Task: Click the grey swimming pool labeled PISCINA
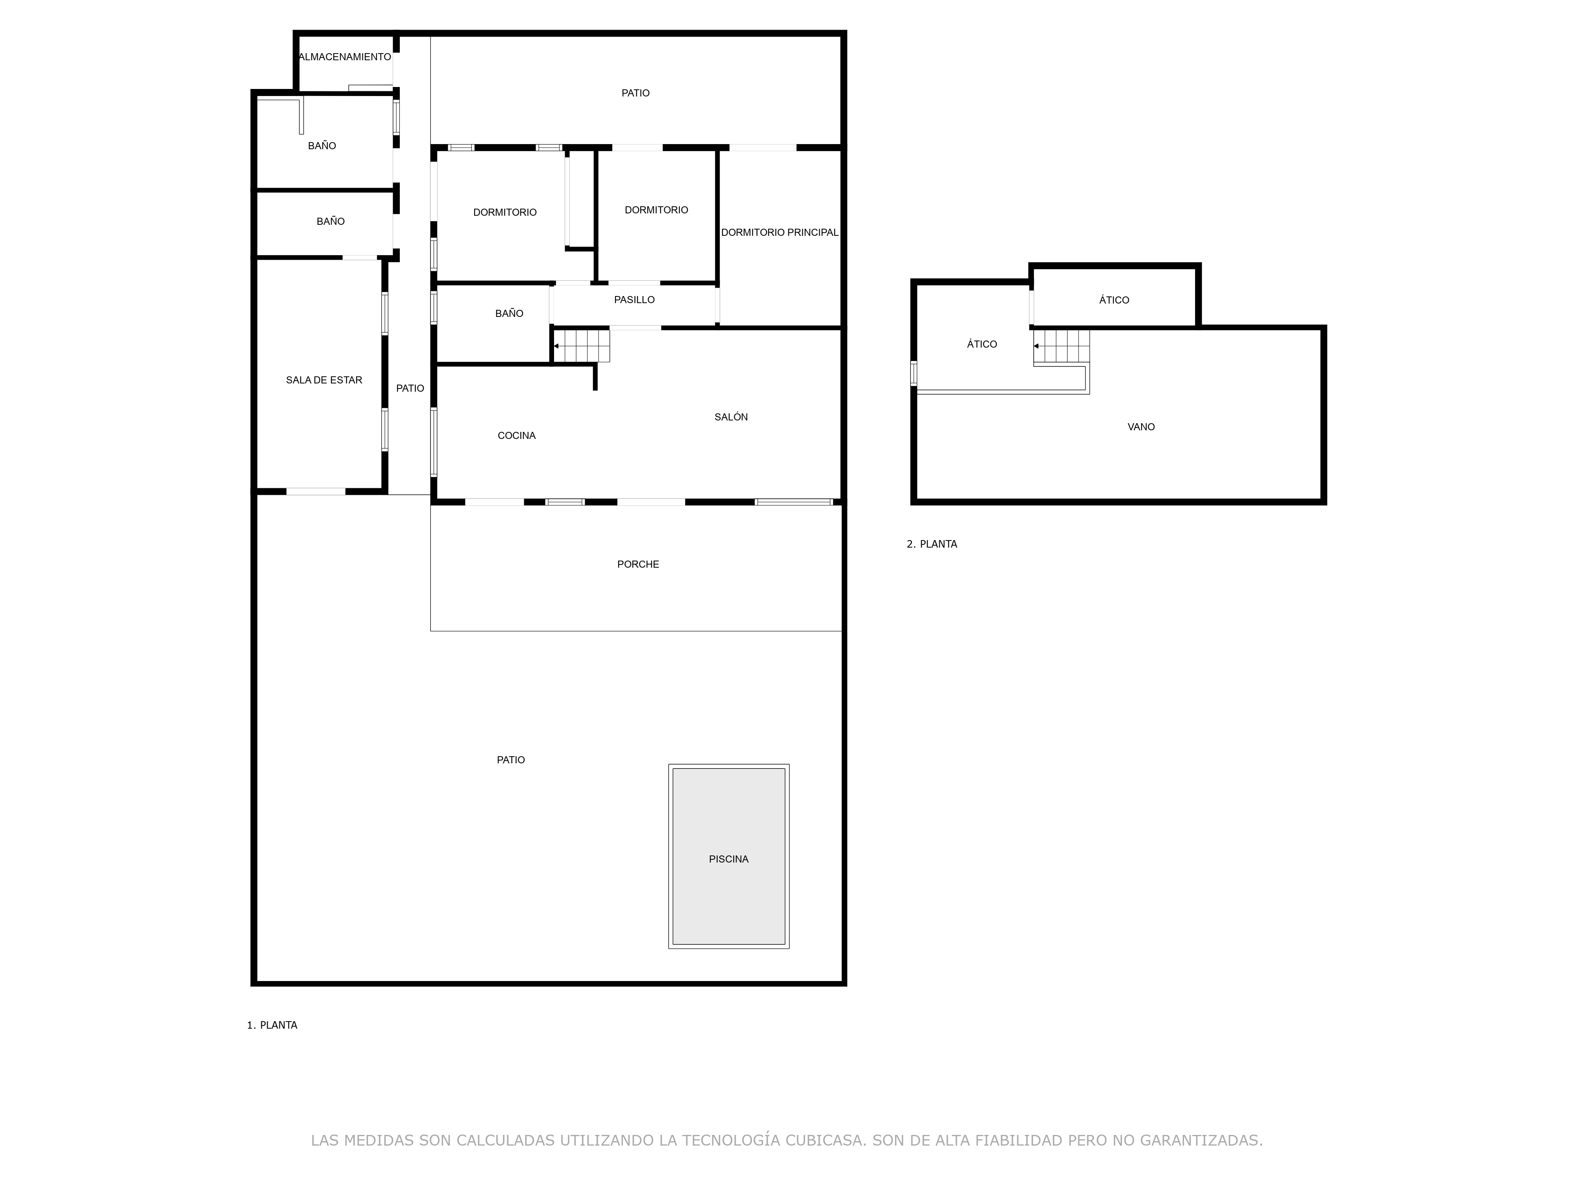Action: point(729,856)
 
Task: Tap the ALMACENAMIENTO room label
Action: point(345,57)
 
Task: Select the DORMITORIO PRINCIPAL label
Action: point(780,233)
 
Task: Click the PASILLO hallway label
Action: point(634,300)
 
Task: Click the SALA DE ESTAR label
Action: point(324,380)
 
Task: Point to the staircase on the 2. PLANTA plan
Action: point(1061,347)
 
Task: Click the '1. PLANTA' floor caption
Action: point(272,1025)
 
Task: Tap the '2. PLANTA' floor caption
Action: point(931,544)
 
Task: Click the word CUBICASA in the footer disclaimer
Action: point(826,1140)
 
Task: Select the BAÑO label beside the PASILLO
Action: point(509,313)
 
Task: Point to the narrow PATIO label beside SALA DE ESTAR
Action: point(410,389)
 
